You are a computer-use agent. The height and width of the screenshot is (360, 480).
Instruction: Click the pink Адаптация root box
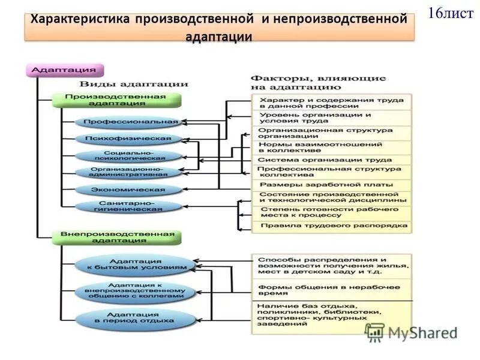click(65, 70)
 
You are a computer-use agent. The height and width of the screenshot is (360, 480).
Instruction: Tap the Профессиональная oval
click(128, 122)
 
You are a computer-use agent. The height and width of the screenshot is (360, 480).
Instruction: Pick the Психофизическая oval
click(128, 139)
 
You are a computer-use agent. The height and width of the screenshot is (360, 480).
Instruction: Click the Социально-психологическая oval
click(128, 156)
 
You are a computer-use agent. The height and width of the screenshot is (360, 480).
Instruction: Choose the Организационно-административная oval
click(128, 173)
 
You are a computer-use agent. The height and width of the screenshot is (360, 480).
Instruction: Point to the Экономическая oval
click(128, 190)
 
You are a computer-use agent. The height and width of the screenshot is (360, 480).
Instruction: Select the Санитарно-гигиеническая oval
click(128, 207)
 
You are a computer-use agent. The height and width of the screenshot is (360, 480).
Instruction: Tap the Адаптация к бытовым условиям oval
click(135, 265)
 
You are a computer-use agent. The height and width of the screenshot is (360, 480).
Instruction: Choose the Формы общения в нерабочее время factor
click(331, 290)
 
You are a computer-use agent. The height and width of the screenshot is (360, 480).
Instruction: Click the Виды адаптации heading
click(134, 84)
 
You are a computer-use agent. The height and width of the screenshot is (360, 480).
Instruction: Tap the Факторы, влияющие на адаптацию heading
click(317, 82)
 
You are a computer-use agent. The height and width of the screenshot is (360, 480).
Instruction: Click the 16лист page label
click(450, 13)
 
